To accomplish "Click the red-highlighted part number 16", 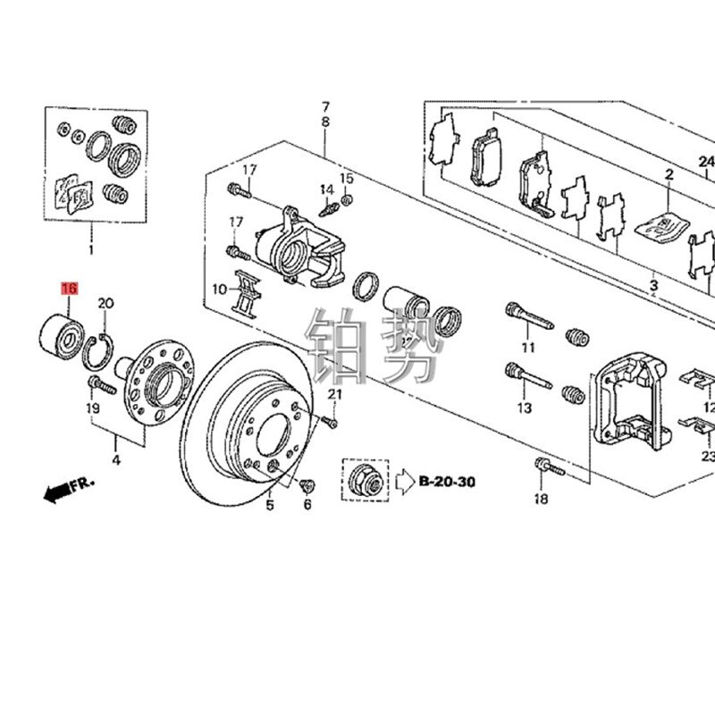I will point(69,289).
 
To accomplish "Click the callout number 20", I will point(105,304).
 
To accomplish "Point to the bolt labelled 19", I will point(99,385).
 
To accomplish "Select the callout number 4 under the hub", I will point(114,461).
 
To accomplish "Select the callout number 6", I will point(307,505).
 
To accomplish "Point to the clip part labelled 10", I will point(247,290).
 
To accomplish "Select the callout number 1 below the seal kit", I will point(89,239).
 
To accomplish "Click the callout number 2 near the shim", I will point(668,176).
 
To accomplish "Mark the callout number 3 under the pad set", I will point(653,285).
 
